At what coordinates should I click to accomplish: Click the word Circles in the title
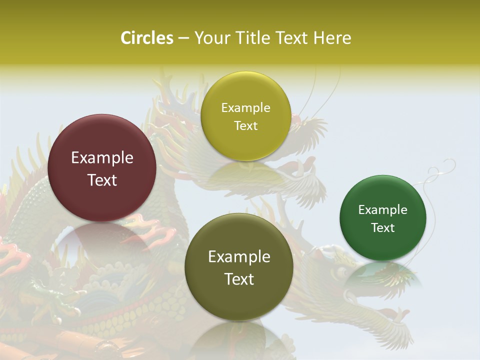coord(146,38)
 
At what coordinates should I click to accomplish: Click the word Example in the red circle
coord(102,158)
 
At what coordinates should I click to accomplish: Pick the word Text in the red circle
coord(102,180)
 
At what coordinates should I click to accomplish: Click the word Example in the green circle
coord(382,210)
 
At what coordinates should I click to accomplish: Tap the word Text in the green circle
coord(382,228)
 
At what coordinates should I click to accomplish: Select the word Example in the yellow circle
coord(245,108)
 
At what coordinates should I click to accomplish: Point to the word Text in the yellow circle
coord(245,126)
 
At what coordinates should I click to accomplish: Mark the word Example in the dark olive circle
coord(239,257)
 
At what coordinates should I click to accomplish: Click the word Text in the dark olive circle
coord(239,279)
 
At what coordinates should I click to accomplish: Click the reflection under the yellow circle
coord(245,175)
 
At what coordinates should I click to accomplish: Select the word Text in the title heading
coord(291,38)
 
